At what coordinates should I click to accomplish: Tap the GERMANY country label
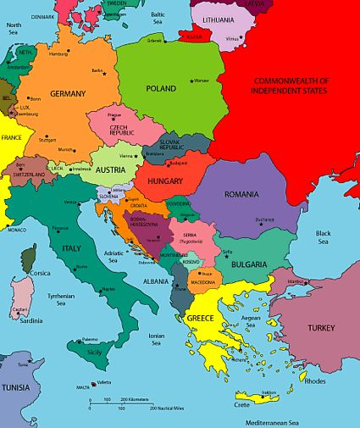pos(68,93)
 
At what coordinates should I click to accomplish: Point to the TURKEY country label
pos(321,328)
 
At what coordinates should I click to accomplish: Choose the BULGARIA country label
pos(246,264)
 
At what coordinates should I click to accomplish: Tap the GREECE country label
pos(201,318)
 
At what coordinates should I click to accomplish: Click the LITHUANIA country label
pos(219,19)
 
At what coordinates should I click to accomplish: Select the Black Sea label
pos(323,237)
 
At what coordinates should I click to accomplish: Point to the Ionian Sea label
pos(156,340)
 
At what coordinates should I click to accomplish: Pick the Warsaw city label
pos(201,81)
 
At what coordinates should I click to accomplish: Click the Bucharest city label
pos(265,220)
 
